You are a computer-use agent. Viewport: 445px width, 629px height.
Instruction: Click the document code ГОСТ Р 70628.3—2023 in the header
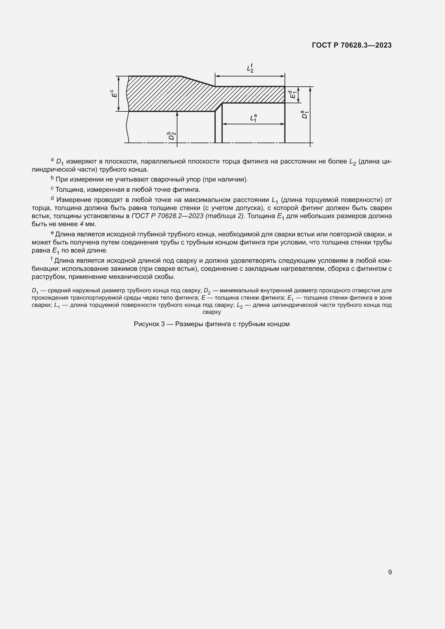(352, 45)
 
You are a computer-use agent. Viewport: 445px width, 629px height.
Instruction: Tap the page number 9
(390, 572)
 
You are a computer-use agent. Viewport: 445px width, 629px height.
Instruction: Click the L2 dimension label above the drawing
(250, 68)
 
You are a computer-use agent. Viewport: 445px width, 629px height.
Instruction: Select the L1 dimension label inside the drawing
(253, 118)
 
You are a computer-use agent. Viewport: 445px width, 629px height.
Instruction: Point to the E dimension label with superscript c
(114, 93)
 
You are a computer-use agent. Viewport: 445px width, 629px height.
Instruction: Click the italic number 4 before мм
(81, 224)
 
